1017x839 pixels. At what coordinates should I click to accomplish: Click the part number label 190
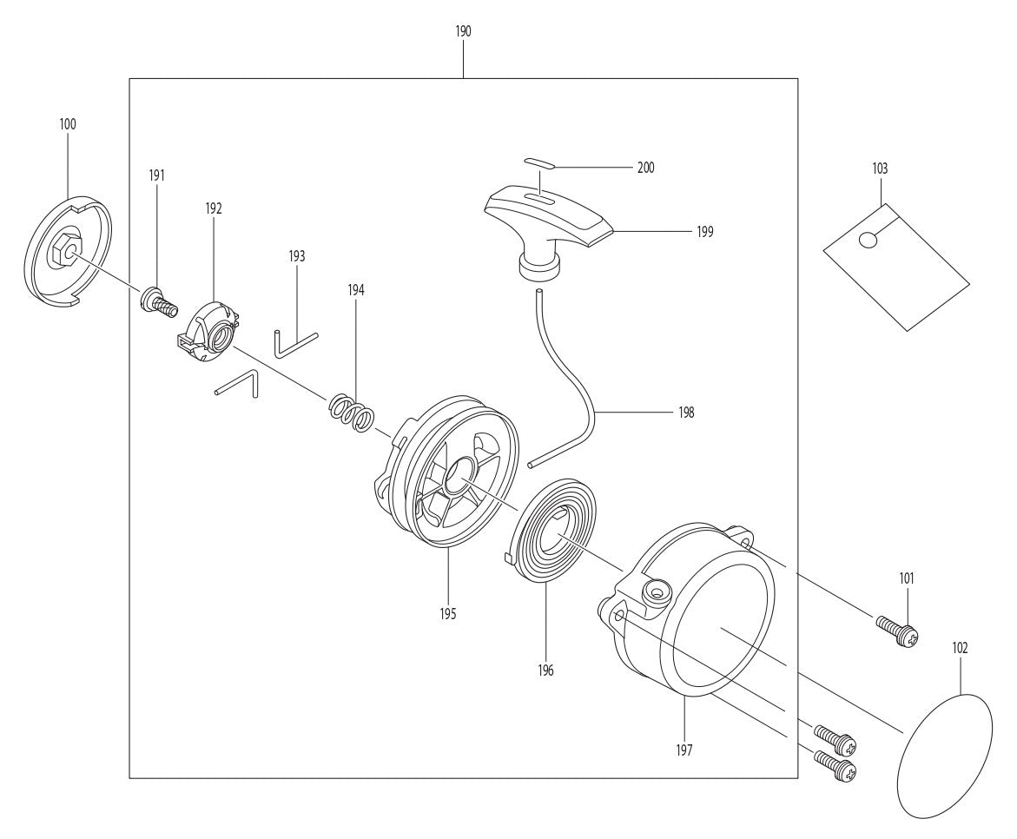pos(463,31)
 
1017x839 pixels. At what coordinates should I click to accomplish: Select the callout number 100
pos(68,124)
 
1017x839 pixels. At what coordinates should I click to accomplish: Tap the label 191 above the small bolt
pos(157,175)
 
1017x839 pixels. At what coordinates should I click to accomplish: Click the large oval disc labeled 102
pos(943,753)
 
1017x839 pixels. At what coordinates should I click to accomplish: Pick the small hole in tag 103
pos(866,240)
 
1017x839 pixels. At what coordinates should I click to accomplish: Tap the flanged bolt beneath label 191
pos(158,301)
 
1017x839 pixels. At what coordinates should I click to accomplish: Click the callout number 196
pos(545,670)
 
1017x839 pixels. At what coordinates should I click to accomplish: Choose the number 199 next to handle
pos(704,232)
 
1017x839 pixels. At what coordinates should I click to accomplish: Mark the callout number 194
pos(356,290)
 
